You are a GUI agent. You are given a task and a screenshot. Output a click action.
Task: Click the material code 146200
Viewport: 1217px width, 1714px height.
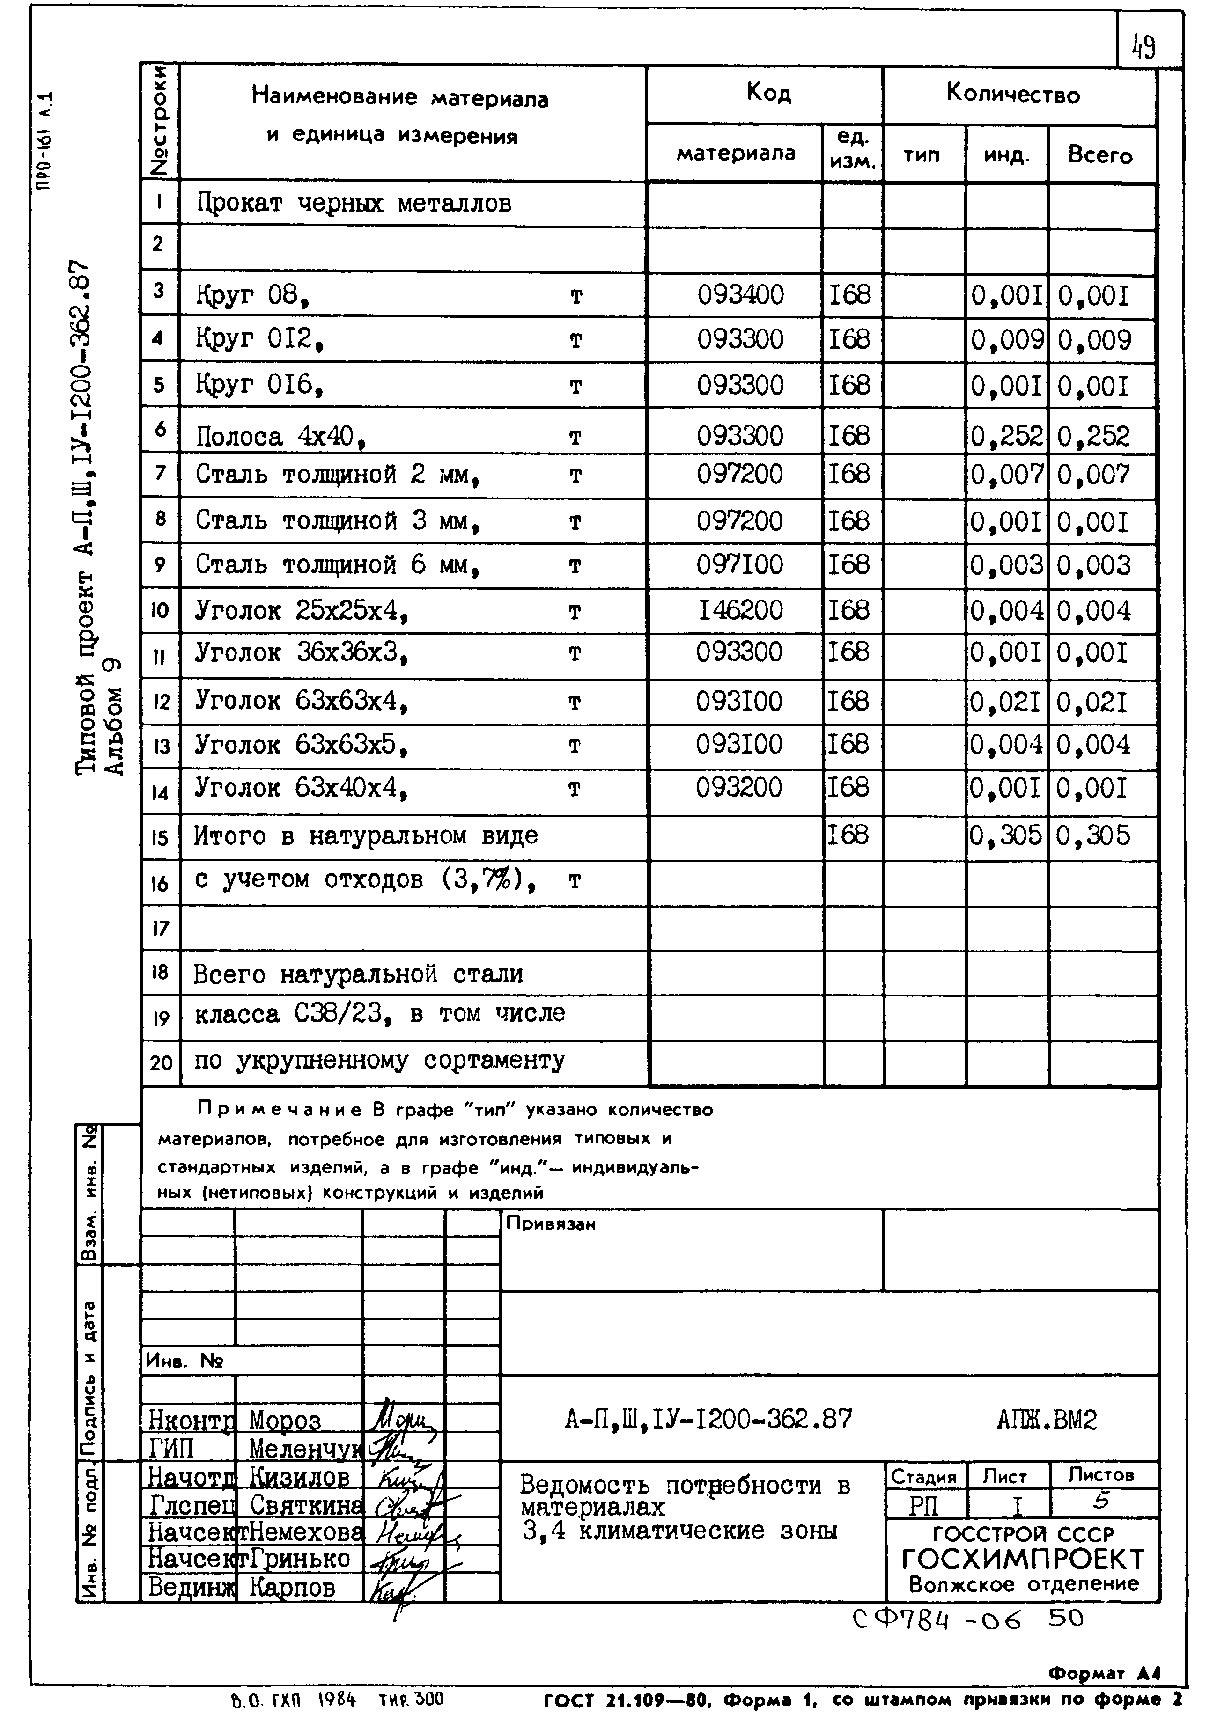[740, 610]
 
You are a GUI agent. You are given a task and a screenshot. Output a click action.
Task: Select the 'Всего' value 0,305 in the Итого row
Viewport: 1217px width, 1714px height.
[1092, 835]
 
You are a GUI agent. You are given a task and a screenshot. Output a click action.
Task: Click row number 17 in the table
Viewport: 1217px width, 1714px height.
[160, 929]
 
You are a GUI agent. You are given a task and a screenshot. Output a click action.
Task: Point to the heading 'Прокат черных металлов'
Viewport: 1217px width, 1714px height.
[354, 204]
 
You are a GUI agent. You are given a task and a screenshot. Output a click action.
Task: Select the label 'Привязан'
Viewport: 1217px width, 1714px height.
[551, 1224]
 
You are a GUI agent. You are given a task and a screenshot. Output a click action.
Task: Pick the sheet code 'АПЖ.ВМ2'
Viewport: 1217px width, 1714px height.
[1046, 1420]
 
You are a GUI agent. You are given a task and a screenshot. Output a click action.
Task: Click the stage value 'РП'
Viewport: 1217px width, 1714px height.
[923, 1505]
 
